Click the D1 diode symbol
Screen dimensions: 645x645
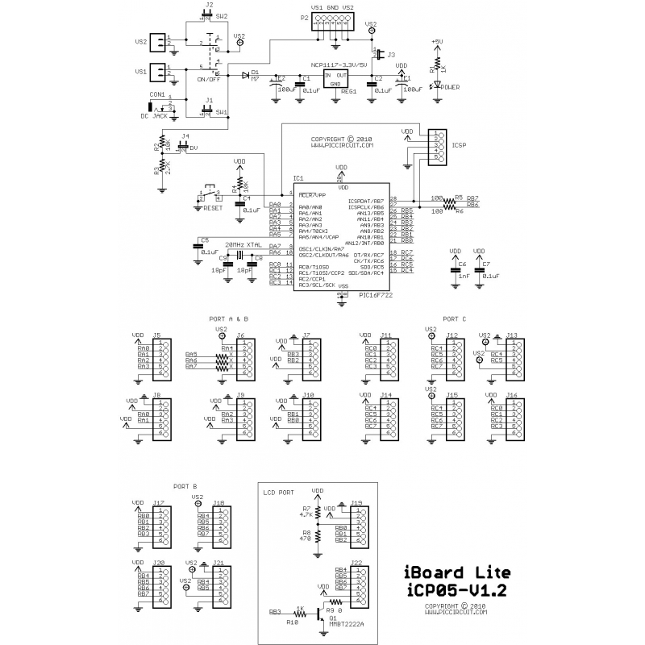tap(245, 74)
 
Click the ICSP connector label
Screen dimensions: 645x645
tap(460, 146)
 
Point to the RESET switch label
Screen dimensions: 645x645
tap(213, 208)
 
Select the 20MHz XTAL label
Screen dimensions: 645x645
tap(243, 243)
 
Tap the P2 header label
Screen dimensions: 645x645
tap(304, 16)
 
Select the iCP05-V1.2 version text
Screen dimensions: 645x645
tap(456, 591)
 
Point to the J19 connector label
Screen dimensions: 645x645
tap(356, 501)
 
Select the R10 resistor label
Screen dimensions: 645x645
tap(292, 623)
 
